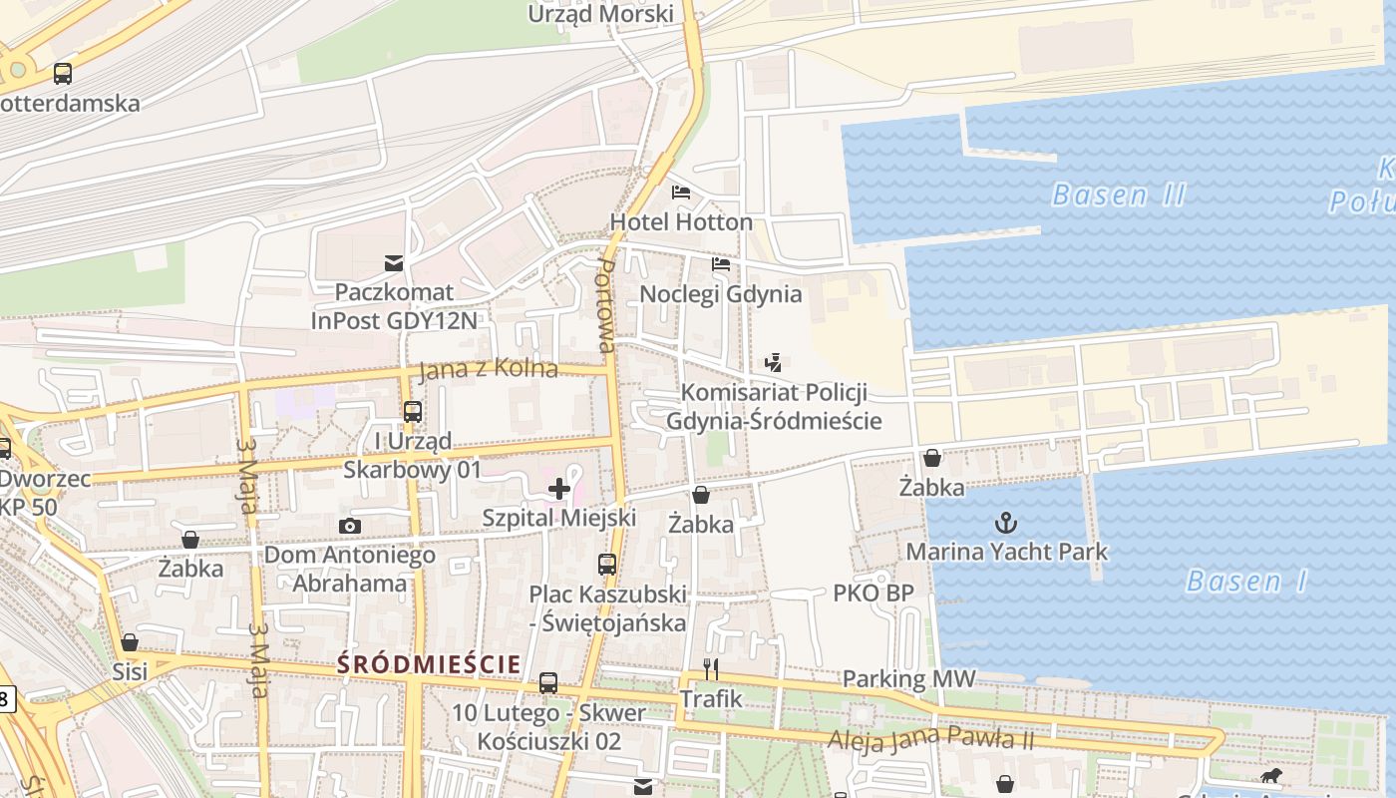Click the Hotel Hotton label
(681, 221)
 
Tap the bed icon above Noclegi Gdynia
(721, 264)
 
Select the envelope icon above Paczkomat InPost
(394, 263)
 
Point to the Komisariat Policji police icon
(773, 363)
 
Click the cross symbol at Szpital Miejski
(559, 489)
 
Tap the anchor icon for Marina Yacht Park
(1006, 523)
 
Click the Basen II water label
(1119, 195)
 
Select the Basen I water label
(1246, 581)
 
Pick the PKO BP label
(873, 594)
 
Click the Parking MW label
(909, 679)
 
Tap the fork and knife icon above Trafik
(711, 668)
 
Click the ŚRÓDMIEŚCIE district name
(429, 663)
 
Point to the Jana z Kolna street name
(489, 369)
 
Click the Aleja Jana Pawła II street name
(931, 740)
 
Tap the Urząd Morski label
(600, 14)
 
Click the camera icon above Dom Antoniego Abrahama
(349, 526)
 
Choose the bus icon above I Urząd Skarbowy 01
(412, 411)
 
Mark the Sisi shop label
(130, 671)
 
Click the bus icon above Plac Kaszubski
(607, 564)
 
